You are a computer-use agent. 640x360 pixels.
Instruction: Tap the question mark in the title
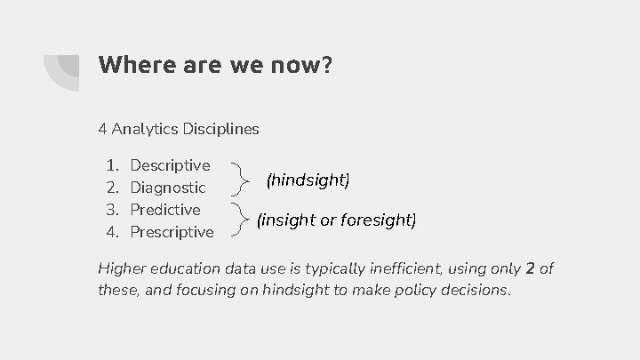coord(327,65)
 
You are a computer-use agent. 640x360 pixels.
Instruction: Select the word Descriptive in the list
coord(170,165)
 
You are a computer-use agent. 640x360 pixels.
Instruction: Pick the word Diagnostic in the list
coord(168,188)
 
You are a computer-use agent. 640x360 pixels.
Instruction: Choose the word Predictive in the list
coord(165,210)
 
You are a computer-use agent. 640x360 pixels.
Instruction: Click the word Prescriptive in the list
coord(172,232)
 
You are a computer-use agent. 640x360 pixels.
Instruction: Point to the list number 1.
coord(111,165)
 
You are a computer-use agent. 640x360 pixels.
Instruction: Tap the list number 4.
coord(112,232)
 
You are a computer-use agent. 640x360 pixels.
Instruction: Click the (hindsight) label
coord(308,180)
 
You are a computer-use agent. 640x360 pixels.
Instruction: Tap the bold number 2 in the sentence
coord(530,269)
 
